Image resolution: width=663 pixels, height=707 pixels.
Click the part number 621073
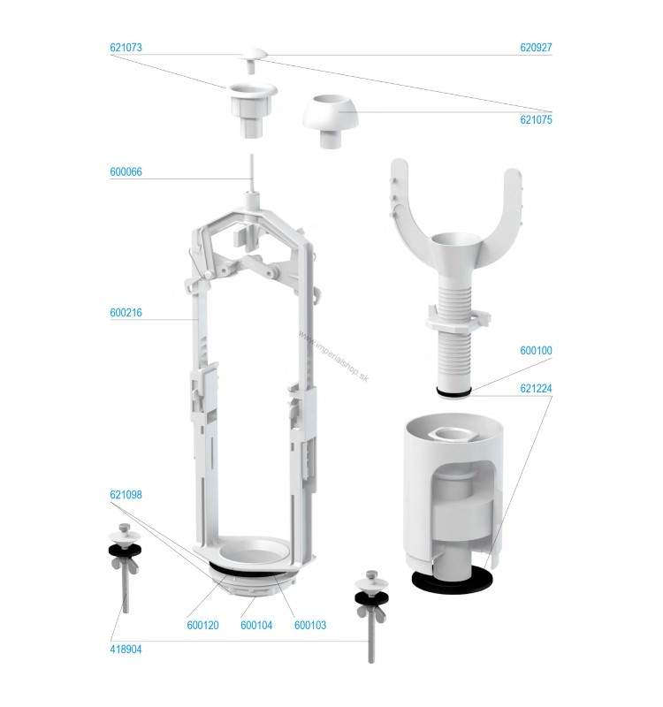point(126,48)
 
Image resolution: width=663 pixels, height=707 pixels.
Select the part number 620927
point(536,48)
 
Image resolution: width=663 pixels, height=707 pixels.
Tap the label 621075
point(536,119)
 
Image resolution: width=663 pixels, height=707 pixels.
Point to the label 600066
point(126,171)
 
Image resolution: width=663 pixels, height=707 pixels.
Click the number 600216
point(126,313)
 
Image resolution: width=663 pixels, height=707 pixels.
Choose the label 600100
point(536,350)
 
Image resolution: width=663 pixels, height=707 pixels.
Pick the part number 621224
point(536,388)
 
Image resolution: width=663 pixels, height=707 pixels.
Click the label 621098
point(126,495)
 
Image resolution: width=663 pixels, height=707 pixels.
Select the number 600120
point(203,626)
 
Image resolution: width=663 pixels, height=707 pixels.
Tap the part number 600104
point(256,626)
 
